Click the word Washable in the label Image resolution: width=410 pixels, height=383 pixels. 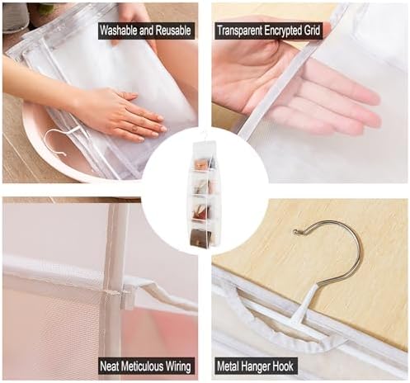(x=119, y=31)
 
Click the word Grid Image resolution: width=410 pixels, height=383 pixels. (x=312, y=31)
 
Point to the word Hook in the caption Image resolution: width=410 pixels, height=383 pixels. (x=283, y=366)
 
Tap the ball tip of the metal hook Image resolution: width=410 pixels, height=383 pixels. (x=296, y=233)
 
